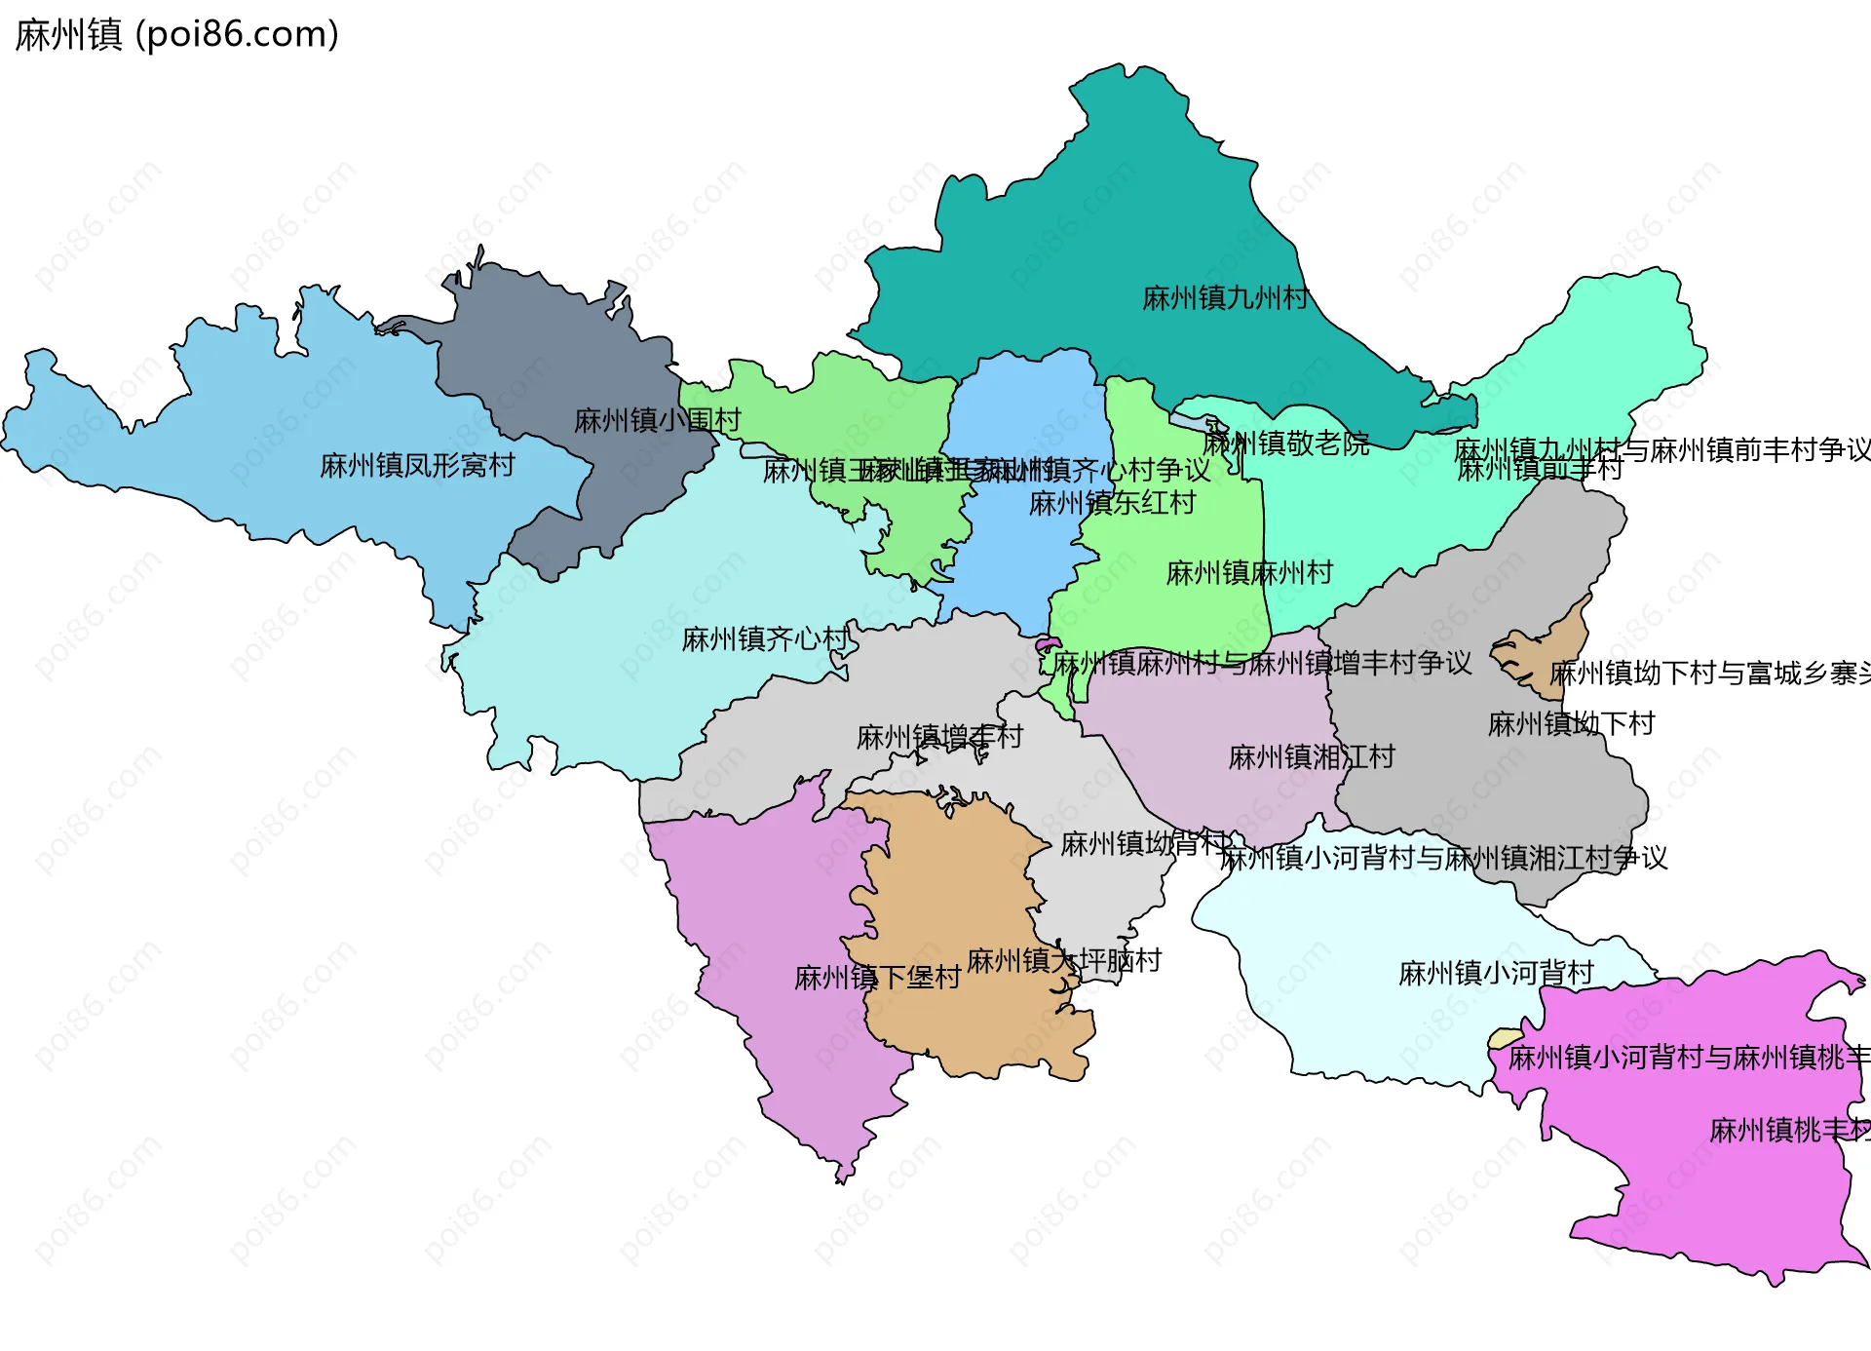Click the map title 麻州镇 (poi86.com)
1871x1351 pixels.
(177, 34)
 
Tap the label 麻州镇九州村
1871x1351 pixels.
(1225, 298)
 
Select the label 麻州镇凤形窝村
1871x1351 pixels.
(417, 466)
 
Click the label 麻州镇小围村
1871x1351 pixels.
(658, 421)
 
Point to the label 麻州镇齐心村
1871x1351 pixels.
(765, 639)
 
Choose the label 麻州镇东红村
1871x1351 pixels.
(1112, 504)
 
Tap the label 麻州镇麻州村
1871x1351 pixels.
(1249, 573)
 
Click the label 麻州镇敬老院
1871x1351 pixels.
(1285, 444)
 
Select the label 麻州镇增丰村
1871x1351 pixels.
(939, 738)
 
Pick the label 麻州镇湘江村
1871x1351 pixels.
(1312, 757)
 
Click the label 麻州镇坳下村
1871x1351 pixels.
(1571, 724)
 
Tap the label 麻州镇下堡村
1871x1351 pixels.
(877, 978)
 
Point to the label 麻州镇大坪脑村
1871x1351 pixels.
(1064, 961)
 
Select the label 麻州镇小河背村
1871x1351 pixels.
(1496, 973)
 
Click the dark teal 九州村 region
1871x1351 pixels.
(1121, 244)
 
